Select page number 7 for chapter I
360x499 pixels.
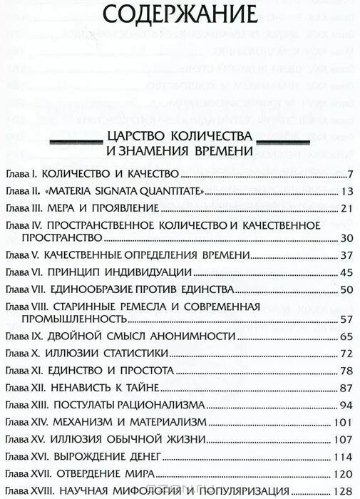point(350,175)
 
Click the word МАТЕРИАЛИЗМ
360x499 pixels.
point(153,421)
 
